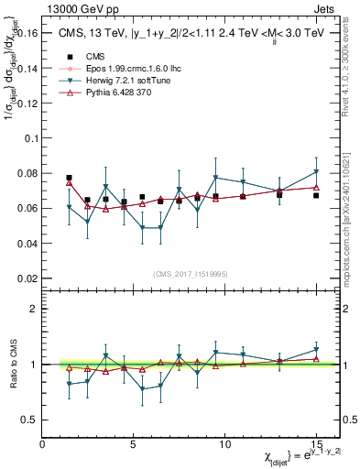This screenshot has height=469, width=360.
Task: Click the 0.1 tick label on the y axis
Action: [x=30, y=138]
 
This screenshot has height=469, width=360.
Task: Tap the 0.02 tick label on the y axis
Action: [x=27, y=278]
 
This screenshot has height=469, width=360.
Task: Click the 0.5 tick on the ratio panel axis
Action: [x=30, y=420]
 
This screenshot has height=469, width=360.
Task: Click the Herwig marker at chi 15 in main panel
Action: [x=316, y=172]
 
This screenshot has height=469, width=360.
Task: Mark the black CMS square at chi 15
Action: [x=316, y=195]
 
